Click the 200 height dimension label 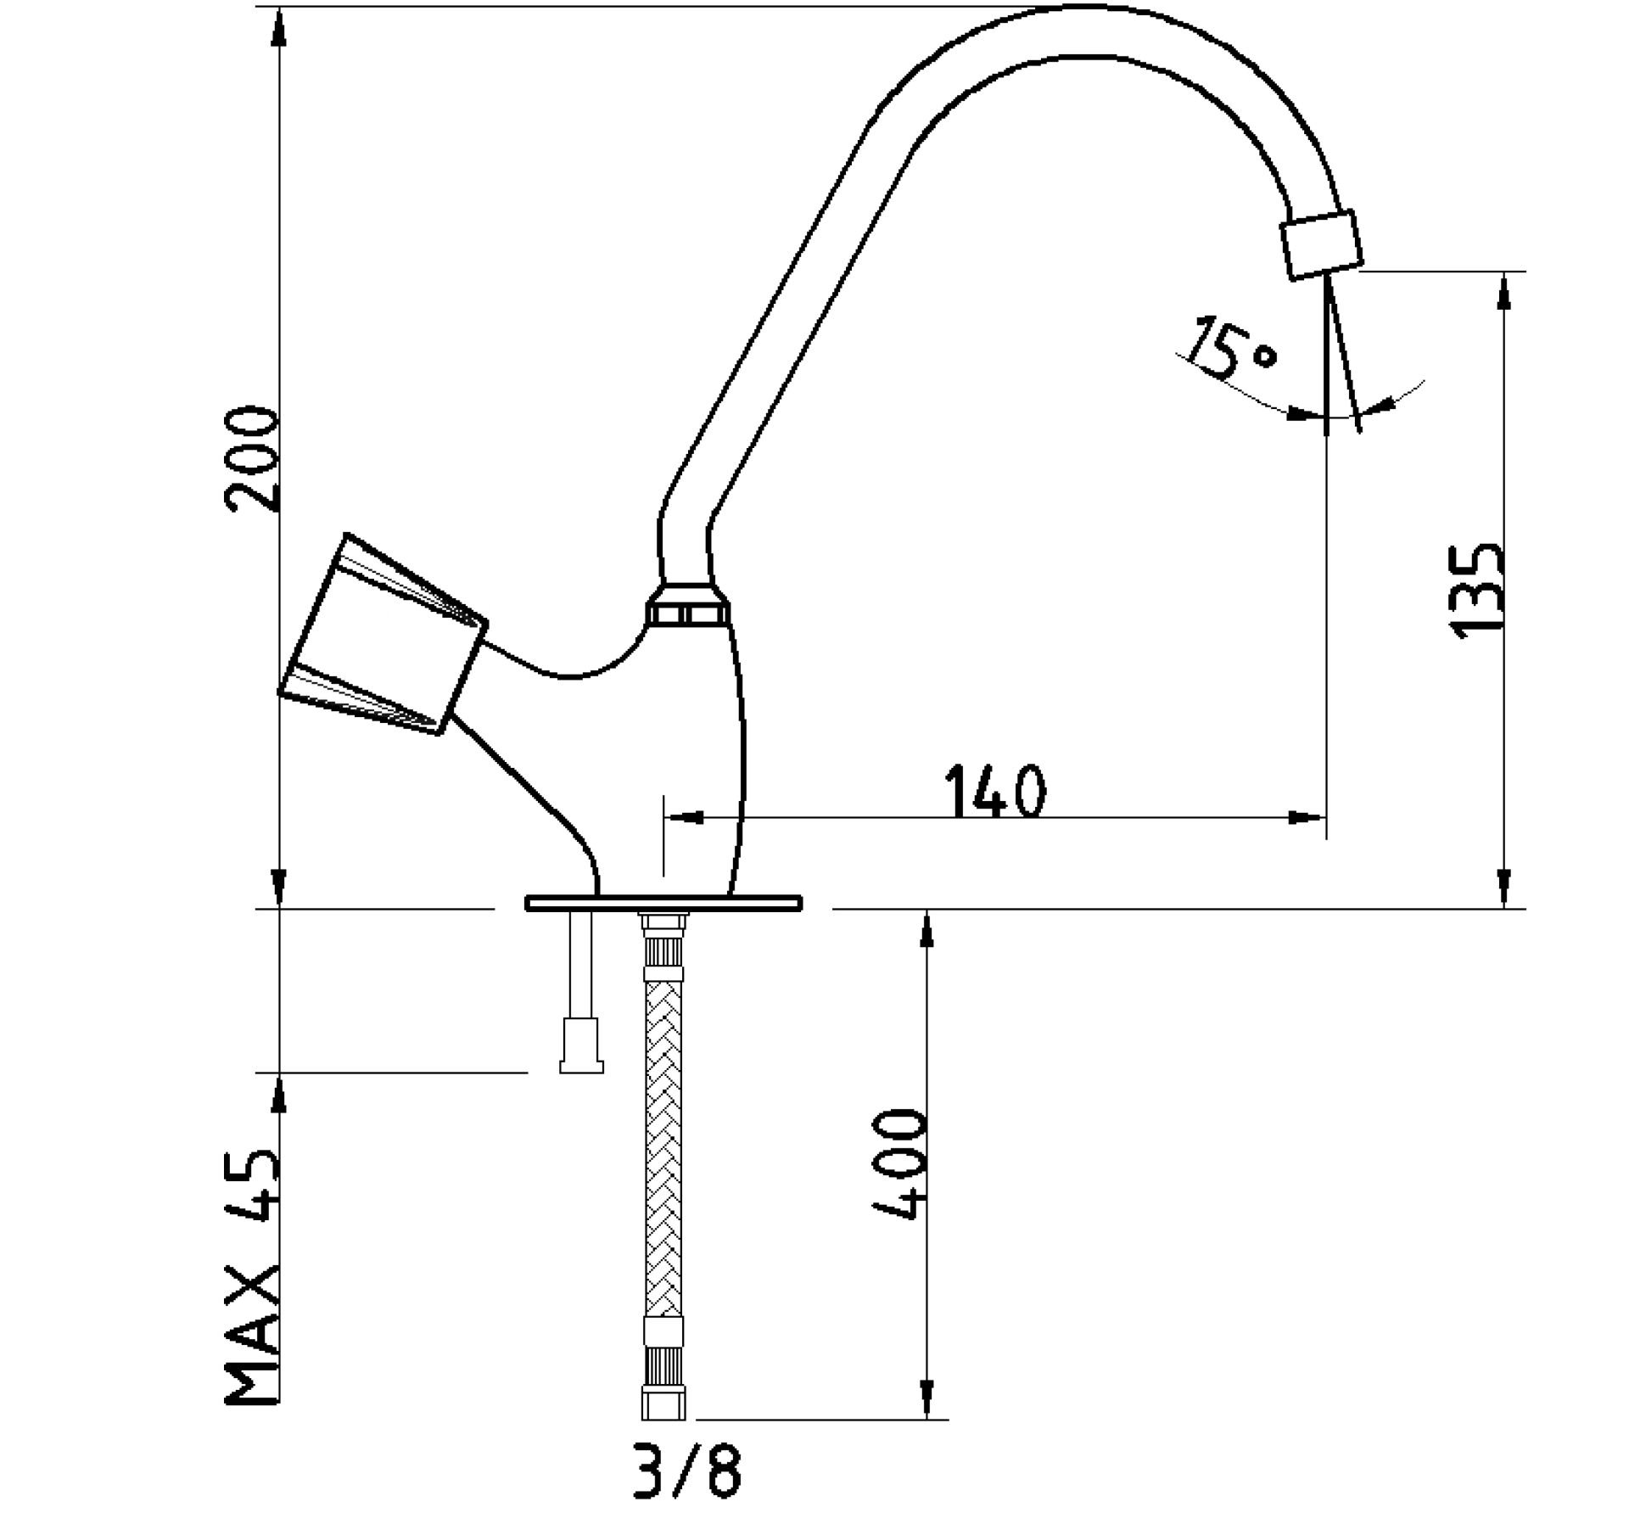click(x=251, y=459)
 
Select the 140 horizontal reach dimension click(x=996, y=790)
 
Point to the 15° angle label click(x=1231, y=347)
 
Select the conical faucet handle click(x=383, y=634)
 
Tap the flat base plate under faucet click(x=663, y=903)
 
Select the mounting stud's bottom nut click(x=582, y=1047)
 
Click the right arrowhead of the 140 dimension click(x=1307, y=818)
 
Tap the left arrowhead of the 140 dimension click(x=684, y=818)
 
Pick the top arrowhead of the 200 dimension click(x=278, y=28)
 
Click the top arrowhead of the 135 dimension click(x=1504, y=292)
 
